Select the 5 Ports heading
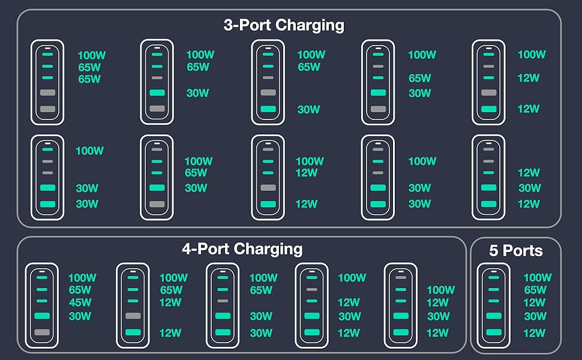tap(515, 250)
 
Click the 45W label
tap(80, 303)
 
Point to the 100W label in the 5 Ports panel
tap(537, 278)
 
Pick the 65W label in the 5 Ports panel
tap(535, 290)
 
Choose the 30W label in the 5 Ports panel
tap(535, 316)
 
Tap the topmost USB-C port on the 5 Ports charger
tap(493, 278)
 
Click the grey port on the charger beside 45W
tap(42, 332)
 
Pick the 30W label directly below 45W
tap(80, 316)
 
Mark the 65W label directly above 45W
tap(80, 290)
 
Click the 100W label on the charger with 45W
tap(82, 278)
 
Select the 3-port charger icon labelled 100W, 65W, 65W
tap(47, 82)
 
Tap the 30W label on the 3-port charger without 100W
tap(529, 188)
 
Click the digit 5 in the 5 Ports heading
tap(493, 250)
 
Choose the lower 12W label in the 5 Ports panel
tap(535, 333)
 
